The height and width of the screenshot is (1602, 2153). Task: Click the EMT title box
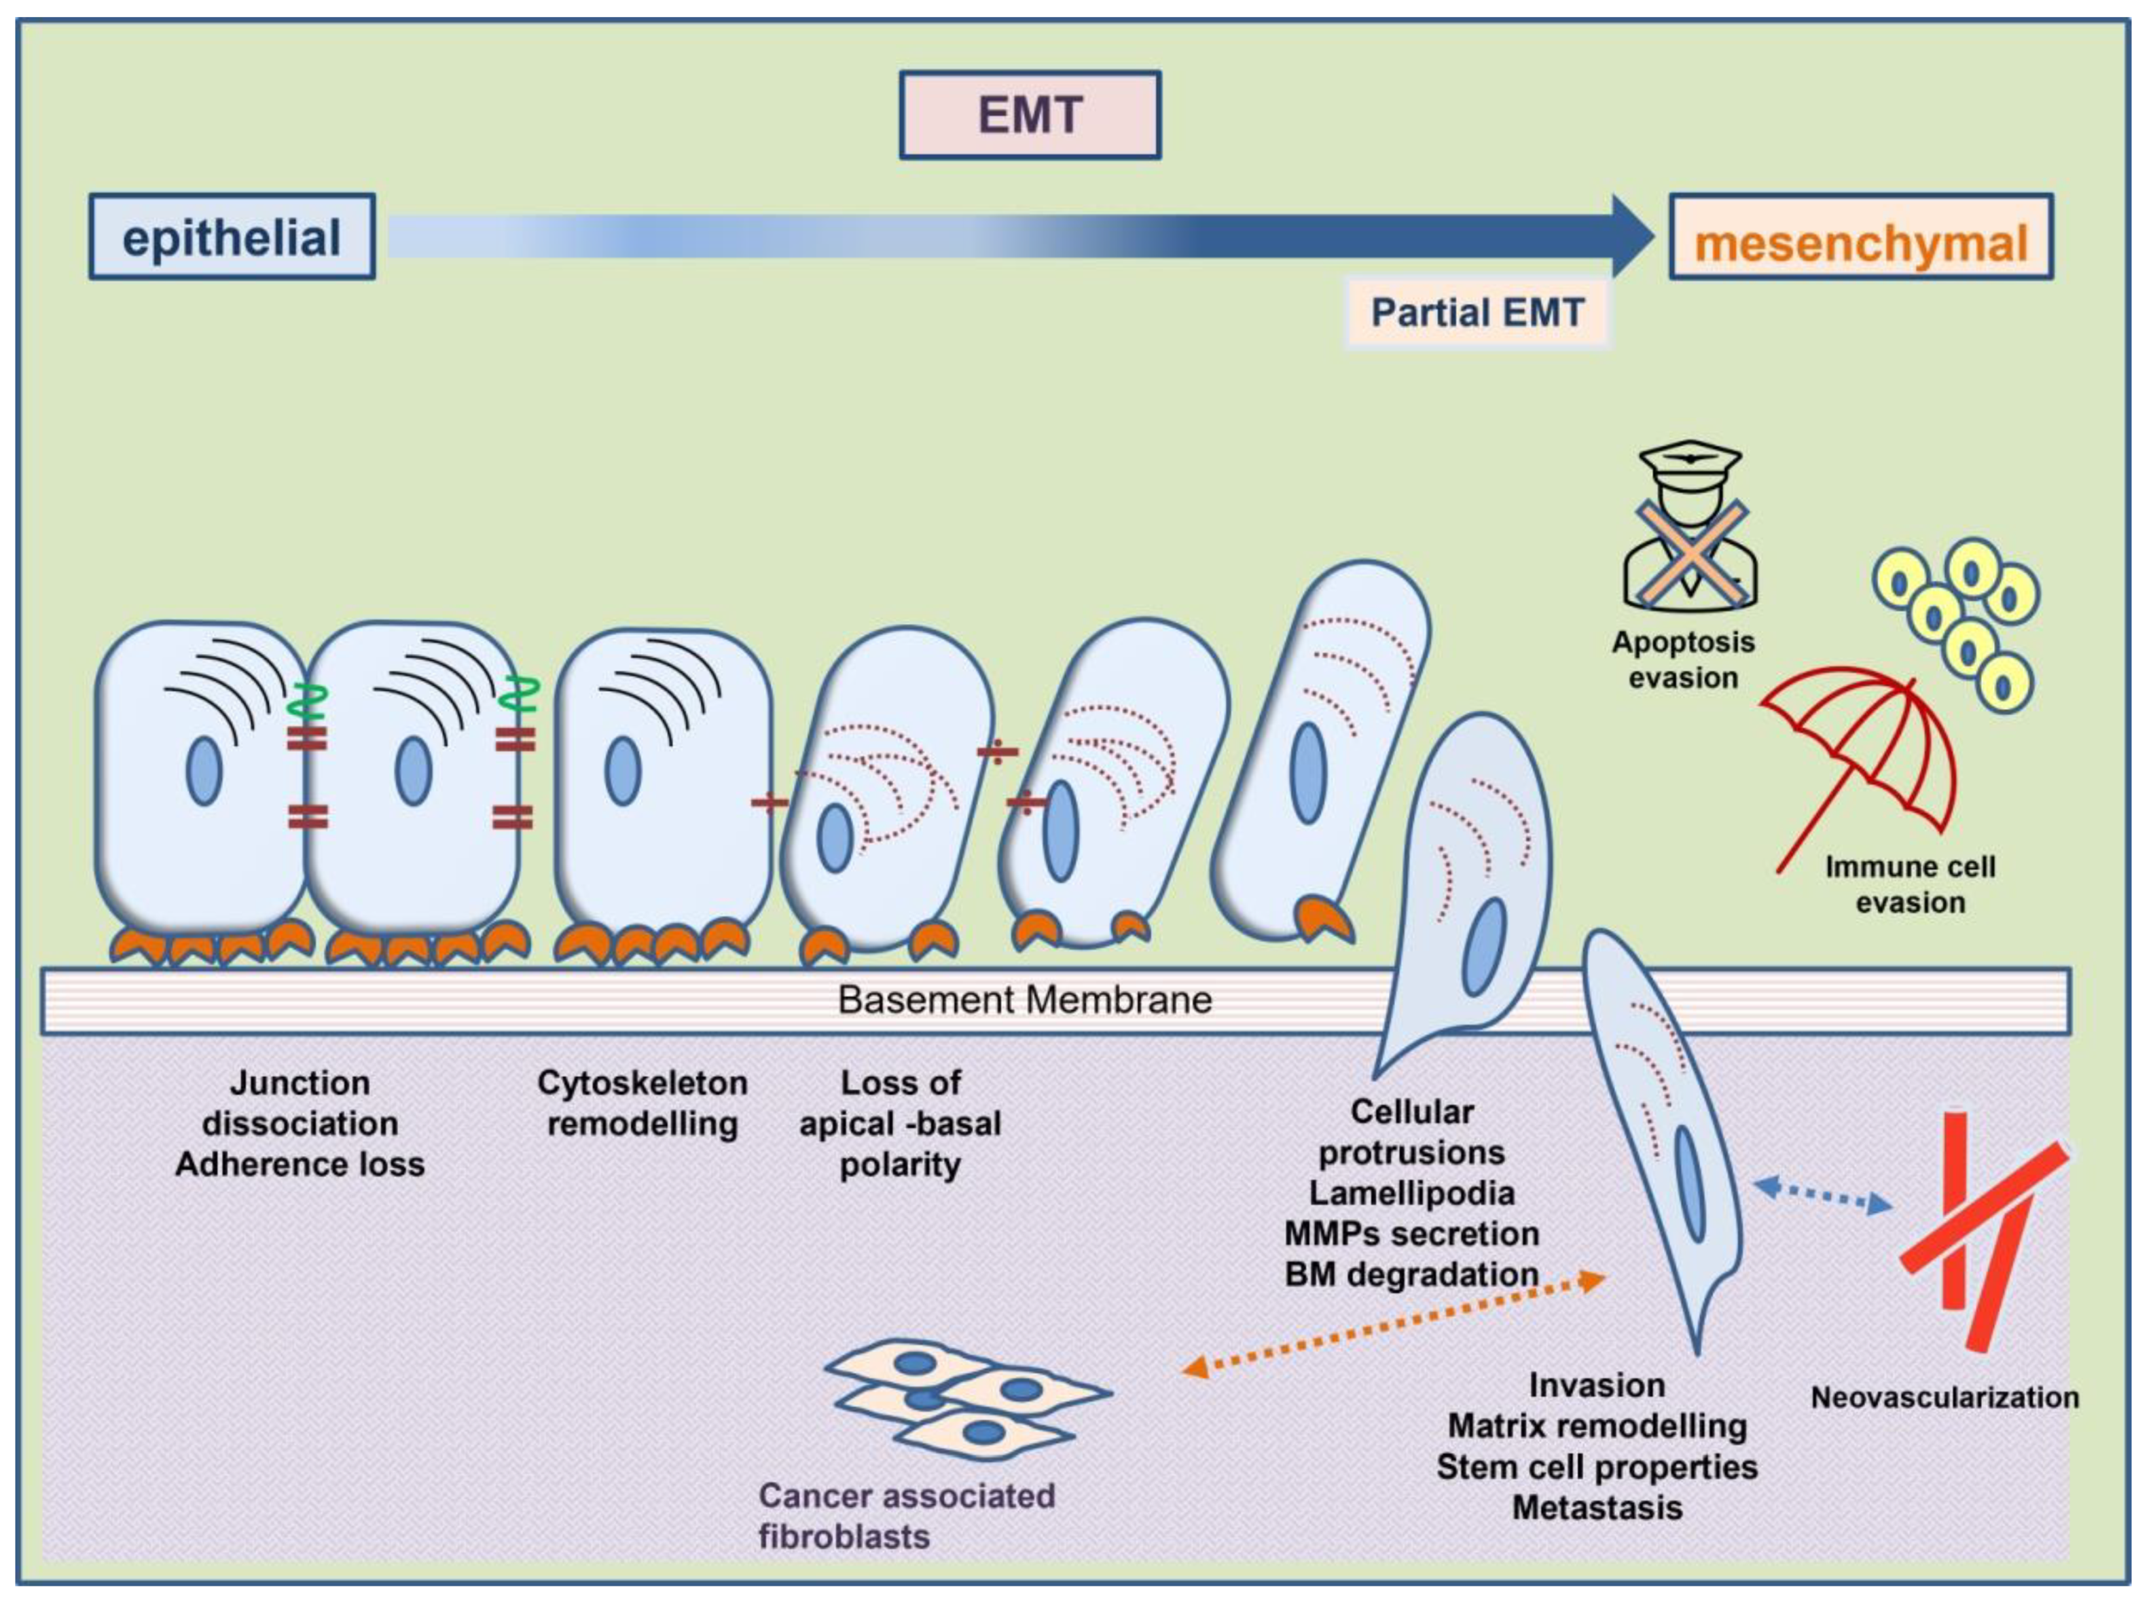1030,114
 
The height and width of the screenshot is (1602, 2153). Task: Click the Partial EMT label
1477,312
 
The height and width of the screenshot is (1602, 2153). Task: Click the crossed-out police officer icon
1689,528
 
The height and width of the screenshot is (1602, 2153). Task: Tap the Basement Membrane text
1025,1000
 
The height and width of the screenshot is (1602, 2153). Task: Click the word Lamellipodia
1411,1193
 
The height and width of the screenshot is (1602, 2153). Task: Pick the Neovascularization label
1944,1398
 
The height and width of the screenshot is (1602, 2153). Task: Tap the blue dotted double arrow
1824,1195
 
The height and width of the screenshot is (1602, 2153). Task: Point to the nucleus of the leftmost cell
204,771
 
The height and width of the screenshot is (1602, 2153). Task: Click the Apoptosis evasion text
1682,659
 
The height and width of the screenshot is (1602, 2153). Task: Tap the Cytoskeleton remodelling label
642,1103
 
